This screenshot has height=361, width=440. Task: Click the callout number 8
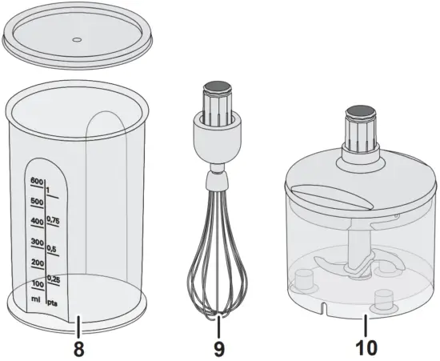[x=78, y=349]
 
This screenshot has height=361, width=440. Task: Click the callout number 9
[x=218, y=349]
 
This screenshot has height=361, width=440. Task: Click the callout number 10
[x=363, y=349]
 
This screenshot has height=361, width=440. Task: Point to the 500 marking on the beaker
[x=36, y=202]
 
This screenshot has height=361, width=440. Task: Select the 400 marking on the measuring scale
[x=36, y=222]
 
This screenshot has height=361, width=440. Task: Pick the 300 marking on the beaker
[x=36, y=242]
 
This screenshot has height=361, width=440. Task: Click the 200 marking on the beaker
[x=37, y=263]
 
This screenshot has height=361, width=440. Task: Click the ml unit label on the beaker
[x=37, y=299]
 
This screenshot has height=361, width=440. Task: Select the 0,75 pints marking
[x=54, y=221]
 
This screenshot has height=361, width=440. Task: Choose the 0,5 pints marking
[x=54, y=248]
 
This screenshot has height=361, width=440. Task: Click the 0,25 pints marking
[x=54, y=278]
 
